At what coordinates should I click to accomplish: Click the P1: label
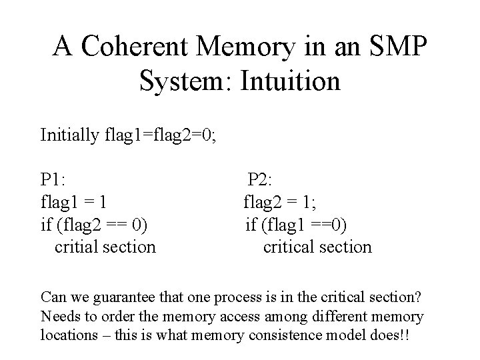pyautogui.click(x=52, y=179)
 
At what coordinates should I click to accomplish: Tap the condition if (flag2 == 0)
pyautogui.click(x=94, y=224)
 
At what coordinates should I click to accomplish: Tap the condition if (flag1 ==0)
pyautogui.click(x=295, y=224)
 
